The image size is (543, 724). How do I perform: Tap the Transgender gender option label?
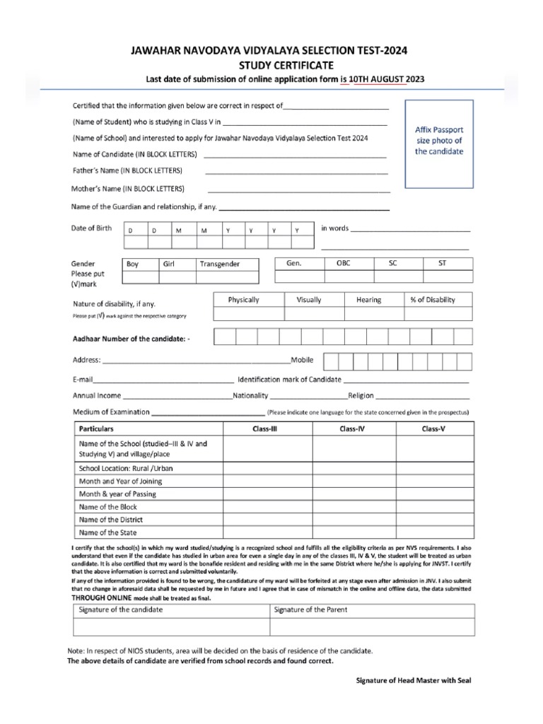[220, 264]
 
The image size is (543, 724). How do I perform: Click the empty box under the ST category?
[443, 276]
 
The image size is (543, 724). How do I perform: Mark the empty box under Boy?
[139, 276]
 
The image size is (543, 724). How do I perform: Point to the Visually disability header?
[309, 300]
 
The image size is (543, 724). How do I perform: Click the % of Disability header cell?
[433, 300]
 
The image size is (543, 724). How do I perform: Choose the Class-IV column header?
[352, 429]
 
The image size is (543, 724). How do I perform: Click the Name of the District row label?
[111, 520]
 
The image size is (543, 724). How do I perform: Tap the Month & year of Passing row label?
[118, 494]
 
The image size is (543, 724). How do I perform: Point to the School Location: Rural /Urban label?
[127, 468]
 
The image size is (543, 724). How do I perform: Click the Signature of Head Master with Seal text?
[412, 680]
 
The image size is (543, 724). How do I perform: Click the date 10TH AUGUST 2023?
[392, 79]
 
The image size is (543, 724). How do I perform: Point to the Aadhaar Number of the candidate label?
[132, 339]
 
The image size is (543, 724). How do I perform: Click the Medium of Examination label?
[111, 411]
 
